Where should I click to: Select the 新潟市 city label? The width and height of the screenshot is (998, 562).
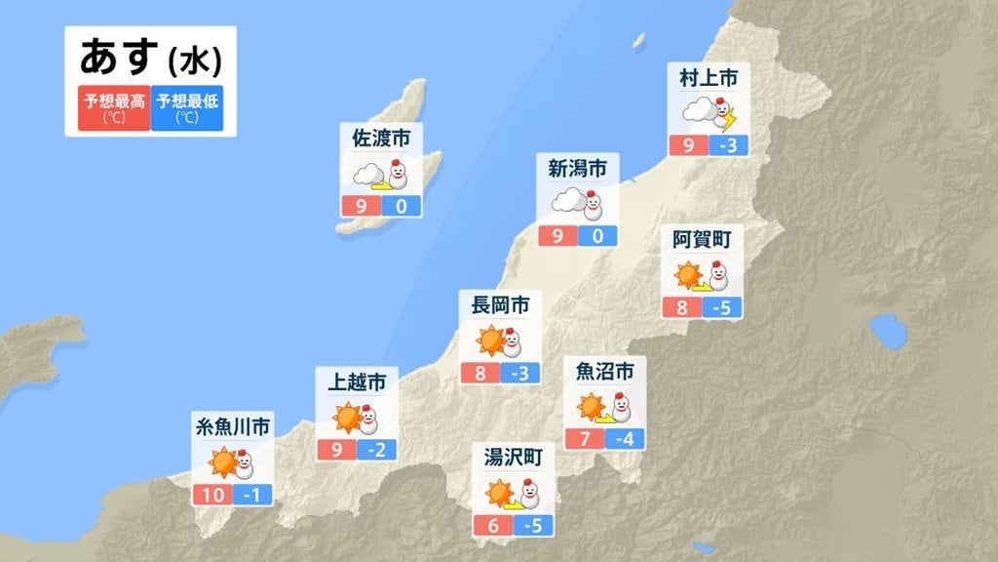pyautogui.click(x=577, y=169)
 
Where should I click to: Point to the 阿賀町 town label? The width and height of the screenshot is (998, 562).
pyautogui.click(x=702, y=238)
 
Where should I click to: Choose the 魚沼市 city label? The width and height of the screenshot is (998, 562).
pyautogui.click(x=605, y=371)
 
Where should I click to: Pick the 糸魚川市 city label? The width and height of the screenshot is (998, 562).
pyautogui.click(x=232, y=425)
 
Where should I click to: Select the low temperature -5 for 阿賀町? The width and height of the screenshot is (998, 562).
pyautogui.click(x=721, y=308)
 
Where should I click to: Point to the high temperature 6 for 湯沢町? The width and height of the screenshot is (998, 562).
pyautogui.click(x=492, y=525)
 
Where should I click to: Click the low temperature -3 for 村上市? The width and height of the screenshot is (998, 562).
pyautogui.click(x=729, y=146)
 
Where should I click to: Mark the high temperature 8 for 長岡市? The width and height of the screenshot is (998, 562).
pyautogui.click(x=480, y=374)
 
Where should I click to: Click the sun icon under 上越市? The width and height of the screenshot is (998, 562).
pyautogui.click(x=347, y=418)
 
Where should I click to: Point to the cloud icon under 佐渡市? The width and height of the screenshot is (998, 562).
pyautogui.click(x=367, y=176)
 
